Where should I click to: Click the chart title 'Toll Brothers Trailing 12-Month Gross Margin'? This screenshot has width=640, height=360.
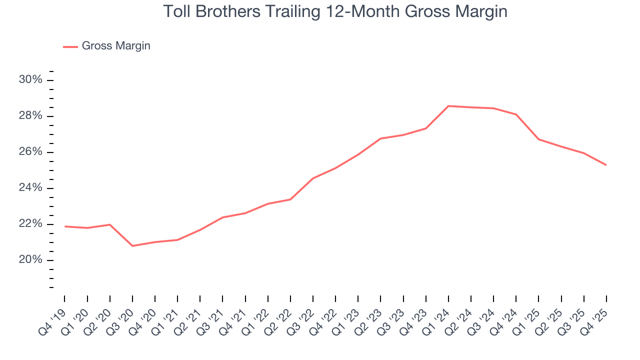pos(335,11)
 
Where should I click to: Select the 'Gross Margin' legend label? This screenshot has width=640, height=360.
pos(115,46)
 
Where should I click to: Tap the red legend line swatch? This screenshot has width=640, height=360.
pos(70,46)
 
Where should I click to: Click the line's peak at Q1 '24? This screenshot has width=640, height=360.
pos(448,106)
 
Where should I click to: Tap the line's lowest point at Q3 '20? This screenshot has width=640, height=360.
pos(132,246)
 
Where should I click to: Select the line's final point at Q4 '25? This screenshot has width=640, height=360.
pos(606,165)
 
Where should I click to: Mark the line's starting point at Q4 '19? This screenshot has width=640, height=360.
pos(65,226)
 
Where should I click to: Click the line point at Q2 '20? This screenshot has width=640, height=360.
pos(110,224)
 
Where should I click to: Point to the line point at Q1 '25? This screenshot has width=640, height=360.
pos(538,139)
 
